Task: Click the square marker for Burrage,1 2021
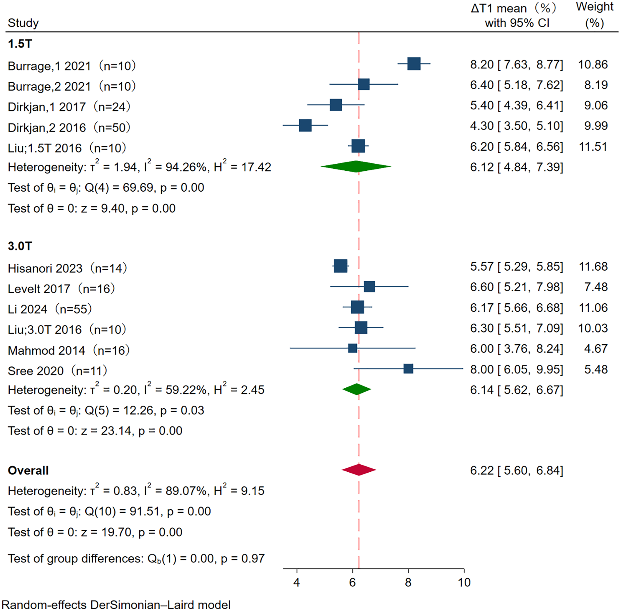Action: coord(414,63)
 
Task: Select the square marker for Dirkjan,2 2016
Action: coord(305,125)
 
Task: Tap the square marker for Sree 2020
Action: coord(408,369)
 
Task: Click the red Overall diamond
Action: coord(359,470)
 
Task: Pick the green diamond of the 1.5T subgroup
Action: coord(356,166)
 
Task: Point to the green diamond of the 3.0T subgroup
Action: coord(356,389)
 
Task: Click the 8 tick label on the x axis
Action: coord(408,583)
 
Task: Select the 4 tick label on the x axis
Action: coord(297,583)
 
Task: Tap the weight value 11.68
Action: coord(593,267)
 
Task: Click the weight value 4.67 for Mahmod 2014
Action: coord(596,349)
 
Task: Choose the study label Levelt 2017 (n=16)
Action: coord(61,289)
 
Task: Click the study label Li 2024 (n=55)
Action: coord(50,309)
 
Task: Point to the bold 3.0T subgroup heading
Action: coord(20,246)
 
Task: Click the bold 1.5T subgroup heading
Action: coord(20,44)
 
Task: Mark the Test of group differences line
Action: coord(136,559)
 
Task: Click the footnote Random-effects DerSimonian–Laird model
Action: coord(116,605)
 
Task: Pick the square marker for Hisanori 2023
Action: coord(340,266)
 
